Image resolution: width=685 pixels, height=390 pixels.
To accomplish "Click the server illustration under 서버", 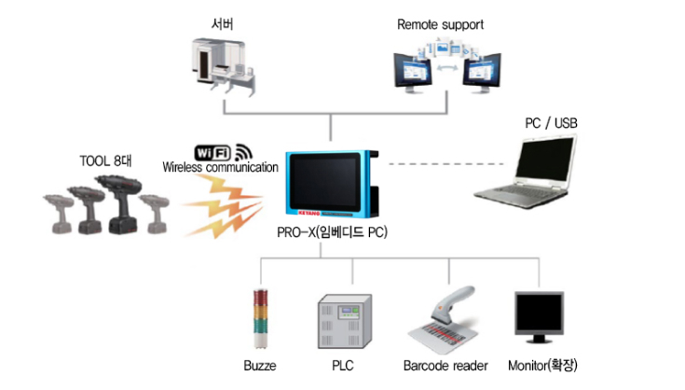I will [221, 66].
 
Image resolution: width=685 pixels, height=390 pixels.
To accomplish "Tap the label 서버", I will [223, 20].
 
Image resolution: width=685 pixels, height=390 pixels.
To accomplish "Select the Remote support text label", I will [440, 24].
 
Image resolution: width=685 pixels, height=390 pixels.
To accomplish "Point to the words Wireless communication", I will [221, 168].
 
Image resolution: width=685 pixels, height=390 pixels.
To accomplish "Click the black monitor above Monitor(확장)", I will [541, 320].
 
